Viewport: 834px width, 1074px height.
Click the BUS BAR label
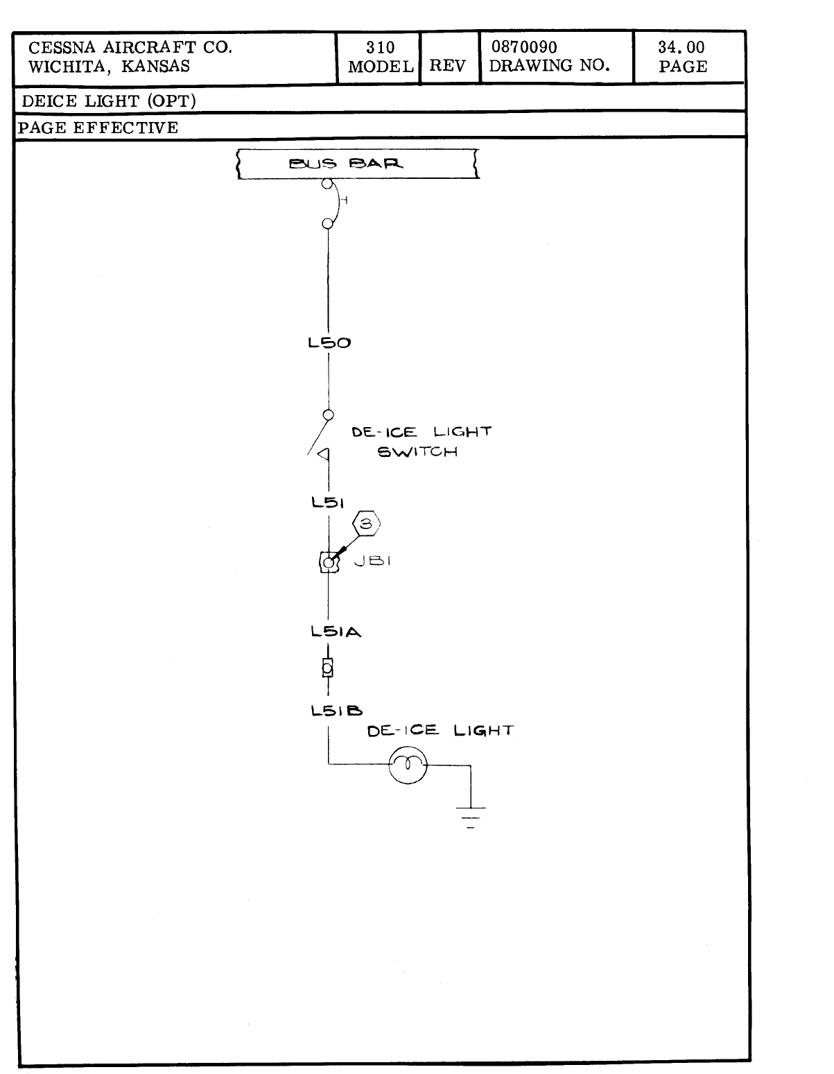[x=346, y=164]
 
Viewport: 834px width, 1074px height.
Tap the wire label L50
[x=329, y=343]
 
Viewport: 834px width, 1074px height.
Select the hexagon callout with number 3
[x=367, y=525]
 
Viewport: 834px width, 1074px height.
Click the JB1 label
[x=372, y=561]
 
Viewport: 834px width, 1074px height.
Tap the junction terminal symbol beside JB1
[x=327, y=562]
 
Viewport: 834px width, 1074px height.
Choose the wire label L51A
[x=336, y=632]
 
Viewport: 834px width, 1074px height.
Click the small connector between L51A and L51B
[x=327, y=667]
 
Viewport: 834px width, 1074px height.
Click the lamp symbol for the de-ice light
[x=408, y=765]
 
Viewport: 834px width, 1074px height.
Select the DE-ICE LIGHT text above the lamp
[x=440, y=731]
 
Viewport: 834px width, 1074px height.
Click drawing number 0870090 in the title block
[x=524, y=48]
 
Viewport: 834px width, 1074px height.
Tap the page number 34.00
[x=681, y=48]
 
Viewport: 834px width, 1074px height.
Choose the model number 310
[x=381, y=48]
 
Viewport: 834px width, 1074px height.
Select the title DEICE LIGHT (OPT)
[x=109, y=101]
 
